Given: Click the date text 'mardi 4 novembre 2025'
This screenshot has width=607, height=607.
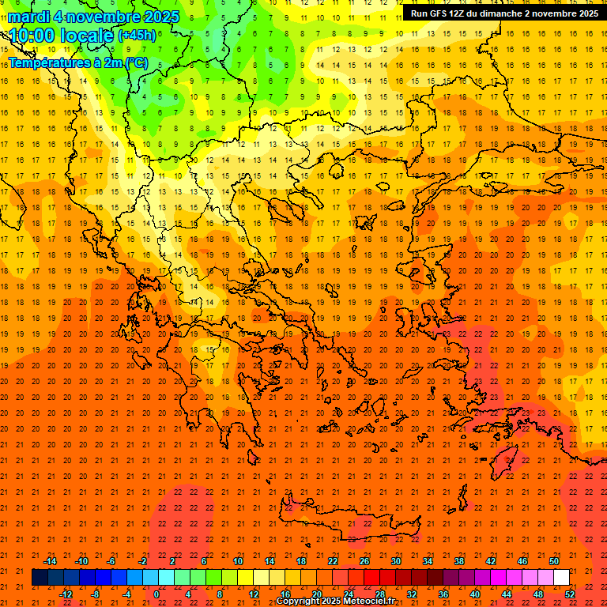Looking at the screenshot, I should click(x=93, y=17).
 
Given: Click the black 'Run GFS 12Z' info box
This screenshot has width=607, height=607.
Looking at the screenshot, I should click(x=504, y=13).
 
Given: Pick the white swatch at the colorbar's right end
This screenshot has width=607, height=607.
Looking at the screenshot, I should click(x=562, y=577).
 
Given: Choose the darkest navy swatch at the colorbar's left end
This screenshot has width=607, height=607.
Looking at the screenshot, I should click(x=40, y=577).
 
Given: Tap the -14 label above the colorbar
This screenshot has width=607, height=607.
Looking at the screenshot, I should click(x=50, y=561).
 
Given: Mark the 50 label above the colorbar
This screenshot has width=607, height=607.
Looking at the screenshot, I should click(x=554, y=561).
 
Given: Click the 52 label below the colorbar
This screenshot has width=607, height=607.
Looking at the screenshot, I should click(x=570, y=594).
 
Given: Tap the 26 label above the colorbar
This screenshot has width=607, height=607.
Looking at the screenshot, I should click(x=364, y=561).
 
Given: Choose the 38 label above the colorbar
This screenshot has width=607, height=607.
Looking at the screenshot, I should click(x=459, y=561).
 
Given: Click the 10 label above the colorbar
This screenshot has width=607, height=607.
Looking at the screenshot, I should click(x=238, y=561).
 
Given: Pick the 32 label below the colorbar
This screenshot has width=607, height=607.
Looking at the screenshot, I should click(x=412, y=594).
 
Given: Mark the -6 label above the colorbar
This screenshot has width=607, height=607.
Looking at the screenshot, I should click(x=111, y=561).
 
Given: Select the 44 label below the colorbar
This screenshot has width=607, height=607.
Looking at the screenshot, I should click(x=507, y=594).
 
